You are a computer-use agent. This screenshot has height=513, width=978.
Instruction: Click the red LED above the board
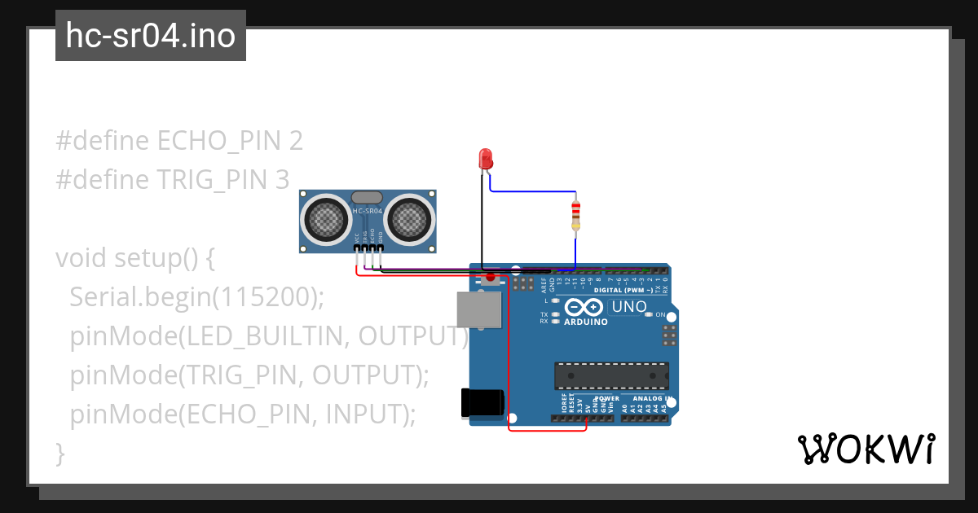tap(486, 158)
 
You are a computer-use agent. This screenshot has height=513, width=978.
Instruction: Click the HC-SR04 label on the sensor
tap(368, 212)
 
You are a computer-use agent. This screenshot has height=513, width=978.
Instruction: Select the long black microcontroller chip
tap(611, 375)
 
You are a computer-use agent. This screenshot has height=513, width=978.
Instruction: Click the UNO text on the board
tap(628, 307)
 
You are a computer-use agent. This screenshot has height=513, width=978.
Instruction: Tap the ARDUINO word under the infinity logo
tap(585, 322)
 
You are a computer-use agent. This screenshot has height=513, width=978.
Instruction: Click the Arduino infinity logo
tap(584, 307)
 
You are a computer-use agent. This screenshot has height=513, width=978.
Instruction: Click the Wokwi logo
tap(866, 449)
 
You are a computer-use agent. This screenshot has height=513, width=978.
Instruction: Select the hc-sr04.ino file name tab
tap(151, 36)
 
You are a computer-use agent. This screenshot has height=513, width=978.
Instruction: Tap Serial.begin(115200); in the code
tap(196, 297)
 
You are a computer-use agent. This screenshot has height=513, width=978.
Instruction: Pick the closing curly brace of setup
tap(59, 453)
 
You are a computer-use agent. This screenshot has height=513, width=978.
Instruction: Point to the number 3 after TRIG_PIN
tap(281, 179)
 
